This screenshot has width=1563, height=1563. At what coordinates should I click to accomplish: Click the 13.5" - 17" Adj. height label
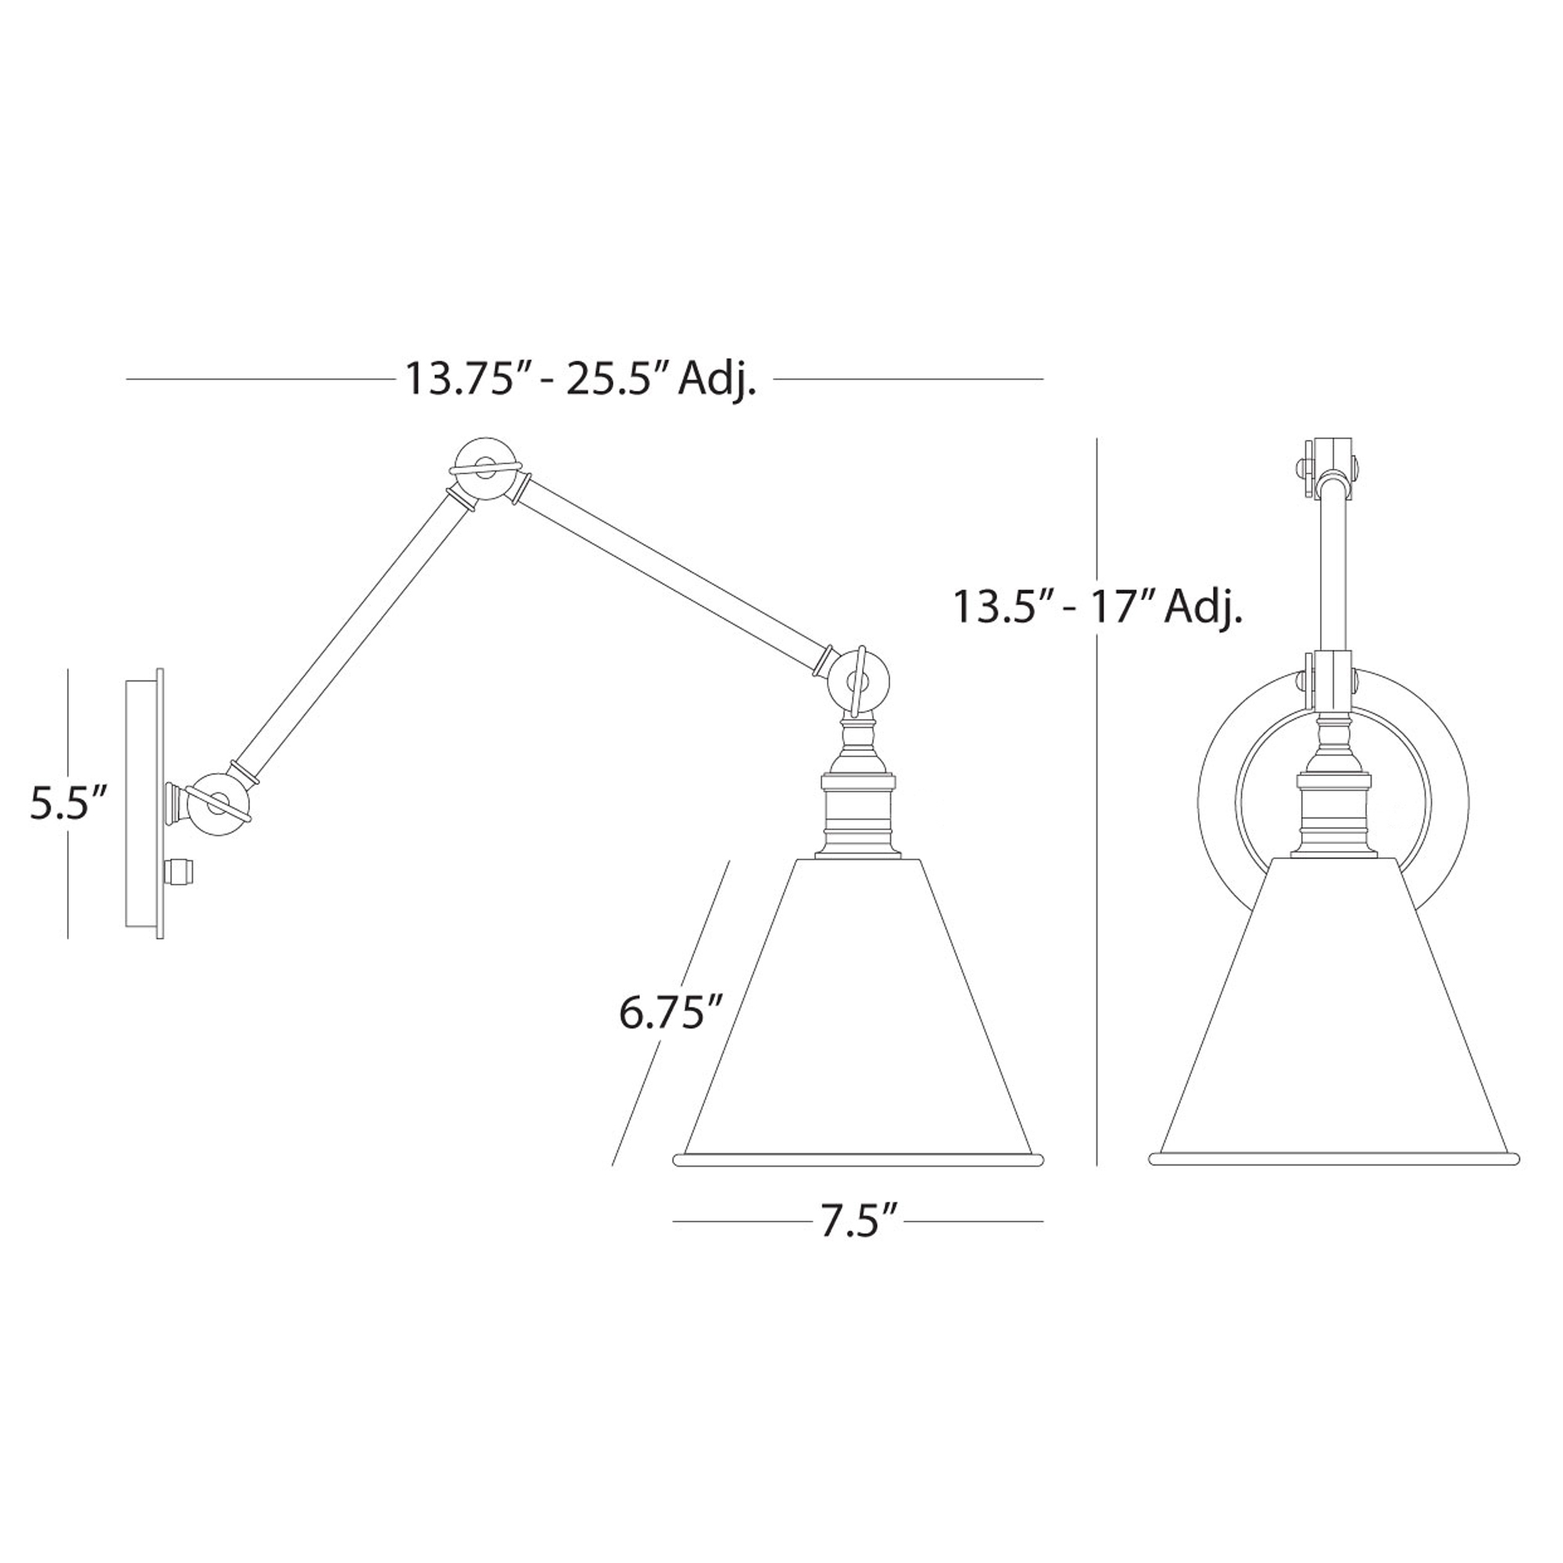(1097, 606)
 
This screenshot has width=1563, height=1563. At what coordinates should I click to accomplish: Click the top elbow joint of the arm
(484, 470)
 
